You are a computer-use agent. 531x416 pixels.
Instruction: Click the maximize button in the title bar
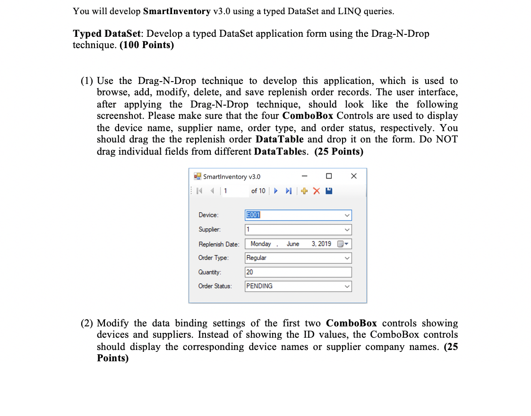(329, 176)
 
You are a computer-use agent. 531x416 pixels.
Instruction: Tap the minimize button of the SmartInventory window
(305, 176)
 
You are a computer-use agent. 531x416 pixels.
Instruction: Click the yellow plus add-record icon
(305, 191)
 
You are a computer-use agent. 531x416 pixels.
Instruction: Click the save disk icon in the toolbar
(330, 191)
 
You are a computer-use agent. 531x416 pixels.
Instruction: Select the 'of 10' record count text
(258, 191)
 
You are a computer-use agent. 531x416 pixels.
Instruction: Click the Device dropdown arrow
(347, 216)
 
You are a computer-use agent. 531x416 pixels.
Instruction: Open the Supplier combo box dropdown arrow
(347, 230)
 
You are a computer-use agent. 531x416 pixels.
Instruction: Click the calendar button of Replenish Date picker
(343, 244)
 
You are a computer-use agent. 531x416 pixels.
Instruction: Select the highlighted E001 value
(254, 215)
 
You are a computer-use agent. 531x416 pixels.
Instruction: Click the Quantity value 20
(250, 272)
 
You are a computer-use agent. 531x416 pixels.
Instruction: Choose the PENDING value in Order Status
(259, 286)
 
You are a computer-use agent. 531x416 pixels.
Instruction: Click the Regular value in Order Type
(257, 258)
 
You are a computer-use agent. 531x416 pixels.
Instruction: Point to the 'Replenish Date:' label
(219, 244)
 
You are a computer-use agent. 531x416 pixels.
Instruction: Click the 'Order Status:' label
(215, 286)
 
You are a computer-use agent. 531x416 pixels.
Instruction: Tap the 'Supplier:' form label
(209, 230)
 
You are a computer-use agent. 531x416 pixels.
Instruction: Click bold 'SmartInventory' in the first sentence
(177, 11)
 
